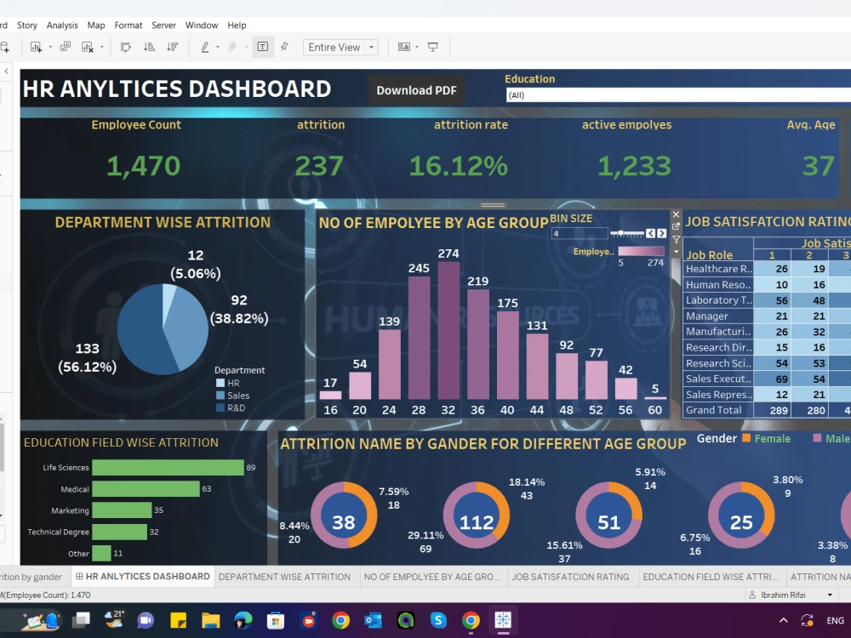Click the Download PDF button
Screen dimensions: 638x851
tap(416, 90)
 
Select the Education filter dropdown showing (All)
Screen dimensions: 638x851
tap(677, 95)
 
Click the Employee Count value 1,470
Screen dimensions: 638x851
tap(143, 166)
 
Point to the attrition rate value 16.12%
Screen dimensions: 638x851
tap(458, 166)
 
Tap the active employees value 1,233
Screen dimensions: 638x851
tap(634, 166)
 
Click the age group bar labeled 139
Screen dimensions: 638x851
tap(389, 364)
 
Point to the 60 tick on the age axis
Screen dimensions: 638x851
tap(654, 410)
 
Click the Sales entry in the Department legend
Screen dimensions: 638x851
tap(238, 396)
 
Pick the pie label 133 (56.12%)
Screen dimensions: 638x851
tap(87, 357)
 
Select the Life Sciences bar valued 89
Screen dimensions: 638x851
tap(168, 468)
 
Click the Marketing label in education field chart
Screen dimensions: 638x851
tap(70, 510)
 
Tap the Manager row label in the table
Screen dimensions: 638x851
tap(707, 316)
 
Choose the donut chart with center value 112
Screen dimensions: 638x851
tap(477, 521)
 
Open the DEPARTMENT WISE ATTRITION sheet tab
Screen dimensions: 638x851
tap(284, 577)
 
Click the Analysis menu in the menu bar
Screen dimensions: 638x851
tap(62, 26)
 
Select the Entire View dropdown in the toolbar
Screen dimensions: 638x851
tap(340, 48)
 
